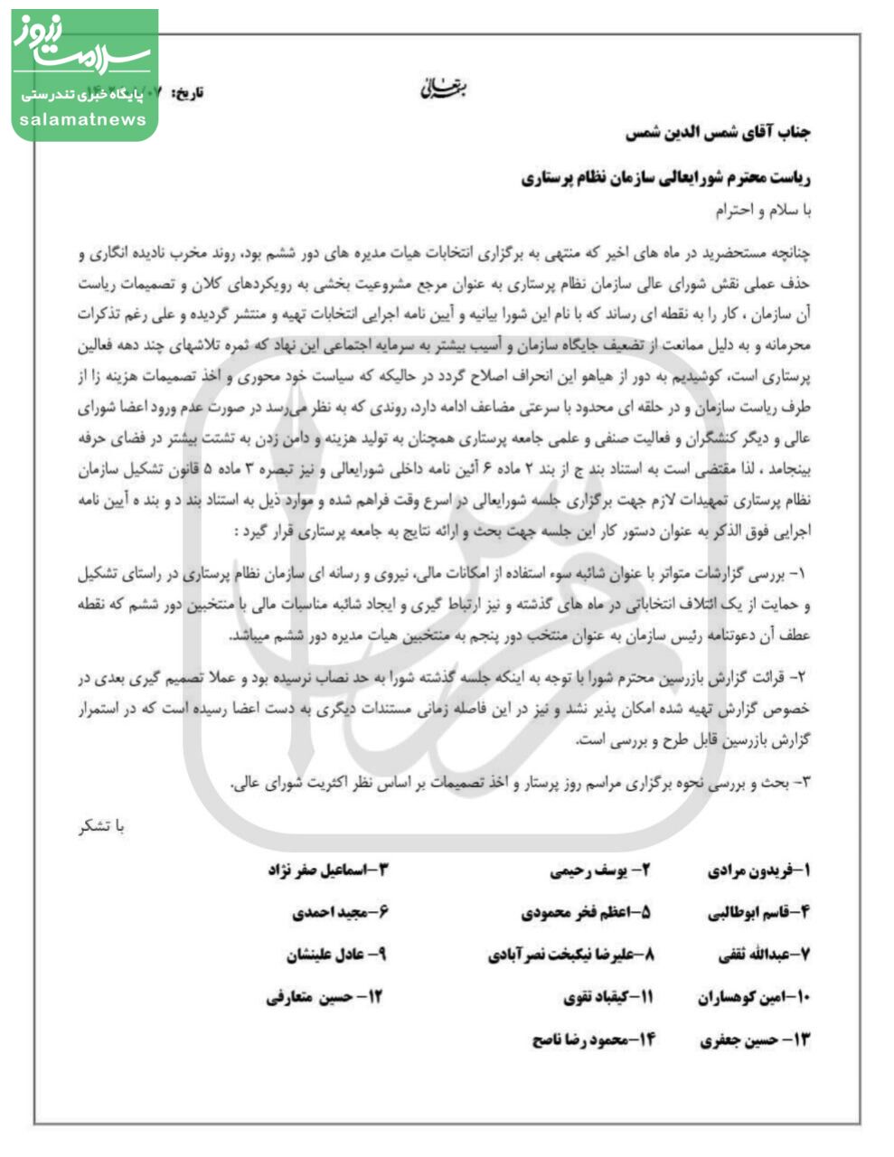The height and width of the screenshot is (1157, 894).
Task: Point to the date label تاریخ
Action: point(188,92)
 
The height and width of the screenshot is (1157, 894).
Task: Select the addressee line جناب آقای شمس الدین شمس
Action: point(719,132)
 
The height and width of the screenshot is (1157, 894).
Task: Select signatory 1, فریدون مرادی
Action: point(759,871)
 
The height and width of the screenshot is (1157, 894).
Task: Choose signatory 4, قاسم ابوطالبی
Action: point(759,913)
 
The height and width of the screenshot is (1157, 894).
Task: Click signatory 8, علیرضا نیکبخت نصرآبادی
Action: point(570,955)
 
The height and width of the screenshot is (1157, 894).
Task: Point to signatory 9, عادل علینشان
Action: point(336,955)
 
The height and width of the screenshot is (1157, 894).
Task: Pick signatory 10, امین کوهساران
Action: point(754,997)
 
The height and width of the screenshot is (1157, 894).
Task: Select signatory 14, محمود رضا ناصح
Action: point(594,1039)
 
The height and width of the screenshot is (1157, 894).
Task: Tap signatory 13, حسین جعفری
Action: point(756,1039)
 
